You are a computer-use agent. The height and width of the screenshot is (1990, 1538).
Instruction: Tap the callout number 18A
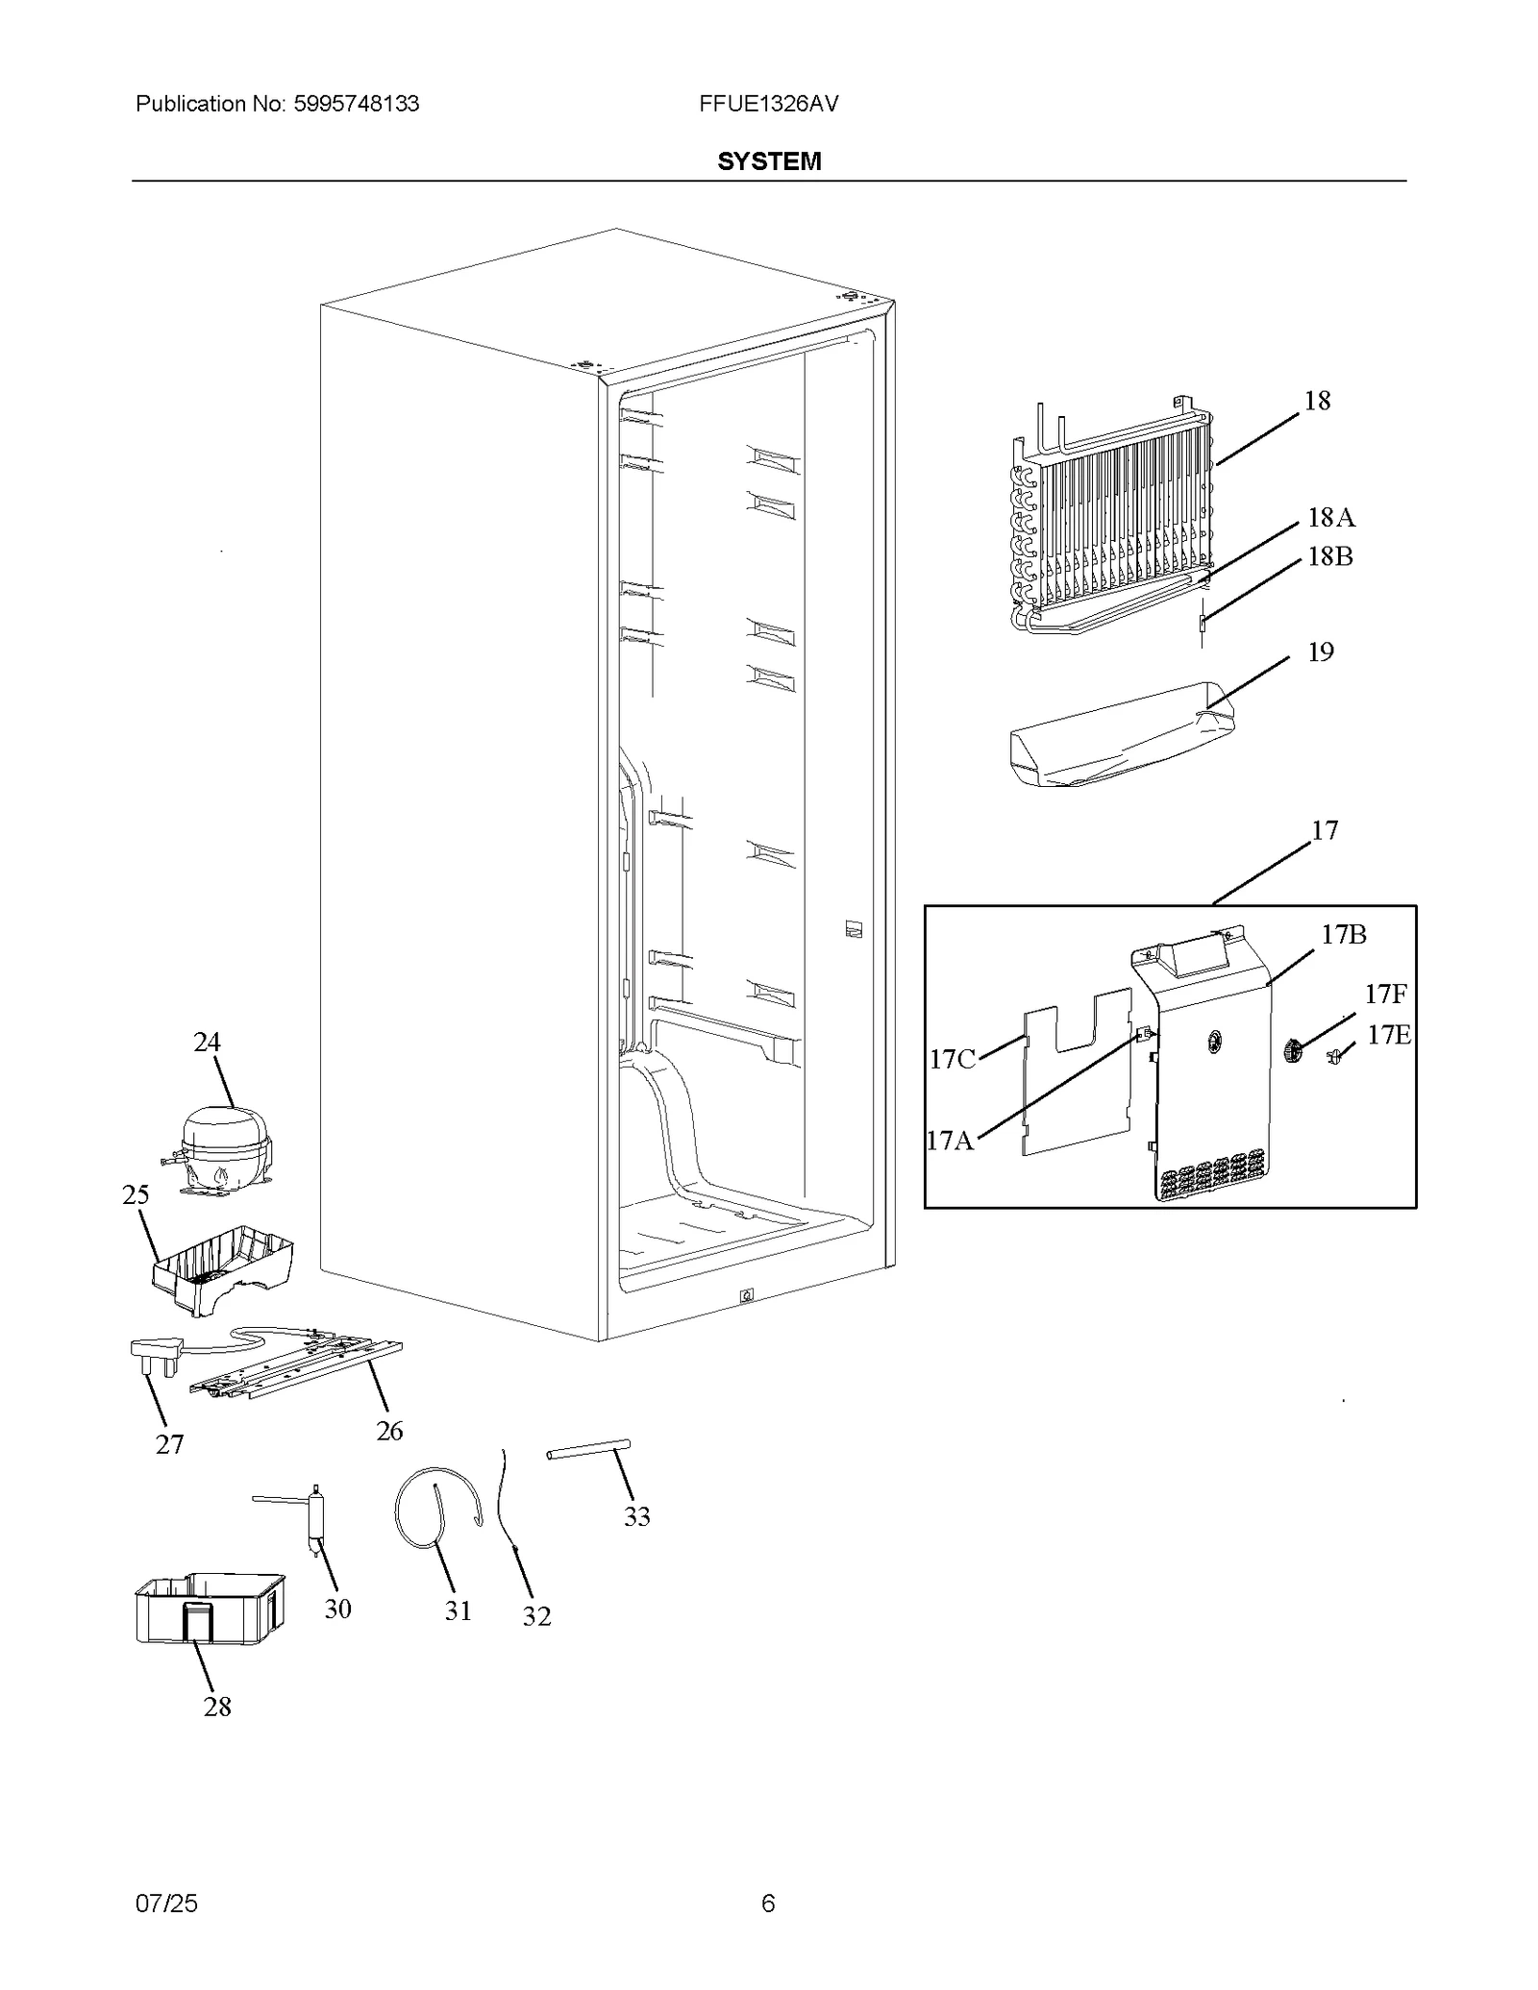1331,518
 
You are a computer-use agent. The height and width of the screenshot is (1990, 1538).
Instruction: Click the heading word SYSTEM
769,161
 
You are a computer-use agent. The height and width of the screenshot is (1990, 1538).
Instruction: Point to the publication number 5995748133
354,104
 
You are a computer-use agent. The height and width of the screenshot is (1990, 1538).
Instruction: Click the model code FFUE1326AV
769,104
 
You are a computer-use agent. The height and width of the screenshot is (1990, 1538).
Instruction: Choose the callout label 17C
952,1059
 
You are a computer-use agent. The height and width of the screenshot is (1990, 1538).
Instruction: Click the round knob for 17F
1293,1051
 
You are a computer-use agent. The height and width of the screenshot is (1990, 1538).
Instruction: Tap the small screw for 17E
1335,1057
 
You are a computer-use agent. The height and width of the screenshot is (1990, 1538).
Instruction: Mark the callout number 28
217,1707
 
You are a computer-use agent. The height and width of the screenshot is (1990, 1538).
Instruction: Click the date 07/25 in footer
166,1904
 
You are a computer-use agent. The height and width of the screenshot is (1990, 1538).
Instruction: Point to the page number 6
768,1904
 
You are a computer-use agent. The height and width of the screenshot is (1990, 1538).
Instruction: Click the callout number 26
389,1431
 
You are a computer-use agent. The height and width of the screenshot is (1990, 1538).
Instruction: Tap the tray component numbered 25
223,1266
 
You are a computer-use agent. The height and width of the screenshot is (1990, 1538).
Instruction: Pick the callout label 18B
1330,556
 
